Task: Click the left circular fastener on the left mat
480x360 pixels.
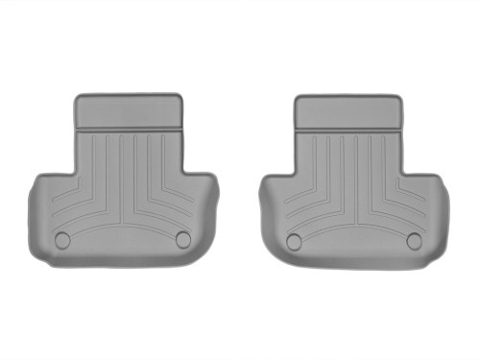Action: pyautogui.click(x=62, y=240)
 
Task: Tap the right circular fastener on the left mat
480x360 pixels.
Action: pyautogui.click(x=182, y=239)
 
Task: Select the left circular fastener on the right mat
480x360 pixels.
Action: pyautogui.click(x=294, y=241)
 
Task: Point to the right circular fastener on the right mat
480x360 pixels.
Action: pyautogui.click(x=414, y=240)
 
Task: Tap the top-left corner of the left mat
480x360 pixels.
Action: pyautogui.click(x=78, y=97)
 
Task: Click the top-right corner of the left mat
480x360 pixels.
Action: pyautogui.click(x=180, y=96)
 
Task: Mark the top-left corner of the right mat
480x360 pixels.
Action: pyautogui.click(x=299, y=98)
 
